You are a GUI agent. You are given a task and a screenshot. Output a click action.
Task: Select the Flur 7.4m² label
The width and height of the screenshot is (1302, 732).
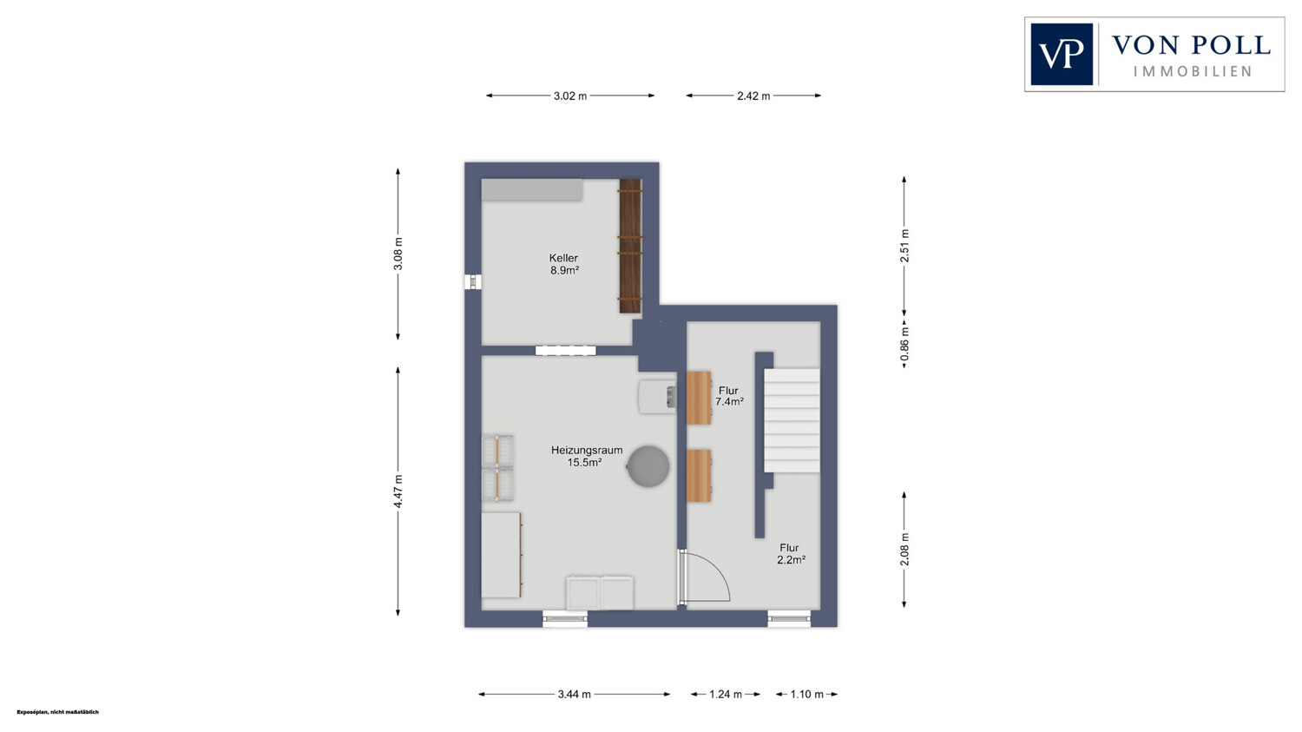[729, 396]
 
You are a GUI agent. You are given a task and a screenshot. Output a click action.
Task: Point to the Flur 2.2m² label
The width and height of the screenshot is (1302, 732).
[791, 554]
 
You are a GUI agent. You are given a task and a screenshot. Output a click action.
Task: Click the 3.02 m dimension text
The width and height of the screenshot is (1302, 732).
[570, 96]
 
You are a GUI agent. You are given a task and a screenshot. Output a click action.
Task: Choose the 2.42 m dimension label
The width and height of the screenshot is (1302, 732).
[753, 96]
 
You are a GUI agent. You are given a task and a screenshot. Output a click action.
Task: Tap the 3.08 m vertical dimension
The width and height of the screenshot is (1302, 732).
[398, 254]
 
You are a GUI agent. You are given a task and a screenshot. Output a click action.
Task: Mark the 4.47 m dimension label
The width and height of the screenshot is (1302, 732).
[398, 491]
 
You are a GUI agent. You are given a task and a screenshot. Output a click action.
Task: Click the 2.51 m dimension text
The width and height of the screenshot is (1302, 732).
[904, 246]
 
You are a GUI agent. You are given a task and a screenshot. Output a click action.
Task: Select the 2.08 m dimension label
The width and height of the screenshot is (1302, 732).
[904, 550]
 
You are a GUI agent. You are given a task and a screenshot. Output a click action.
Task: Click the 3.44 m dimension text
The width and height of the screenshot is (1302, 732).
[575, 694]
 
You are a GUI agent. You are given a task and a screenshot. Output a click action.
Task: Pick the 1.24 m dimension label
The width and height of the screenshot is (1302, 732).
[726, 694]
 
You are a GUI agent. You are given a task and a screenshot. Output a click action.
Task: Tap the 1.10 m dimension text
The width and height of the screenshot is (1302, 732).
[806, 694]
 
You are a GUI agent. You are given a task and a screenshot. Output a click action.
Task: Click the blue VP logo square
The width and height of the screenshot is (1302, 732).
[1062, 54]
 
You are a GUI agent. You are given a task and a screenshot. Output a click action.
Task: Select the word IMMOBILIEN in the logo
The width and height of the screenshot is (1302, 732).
[1192, 71]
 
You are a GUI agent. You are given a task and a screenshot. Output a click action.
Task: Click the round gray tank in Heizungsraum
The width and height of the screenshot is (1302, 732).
[648, 465]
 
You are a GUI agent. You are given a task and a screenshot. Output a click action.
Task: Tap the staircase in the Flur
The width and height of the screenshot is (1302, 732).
[792, 419]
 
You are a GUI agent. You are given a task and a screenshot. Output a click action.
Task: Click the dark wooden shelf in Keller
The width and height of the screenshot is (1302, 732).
[631, 246]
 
